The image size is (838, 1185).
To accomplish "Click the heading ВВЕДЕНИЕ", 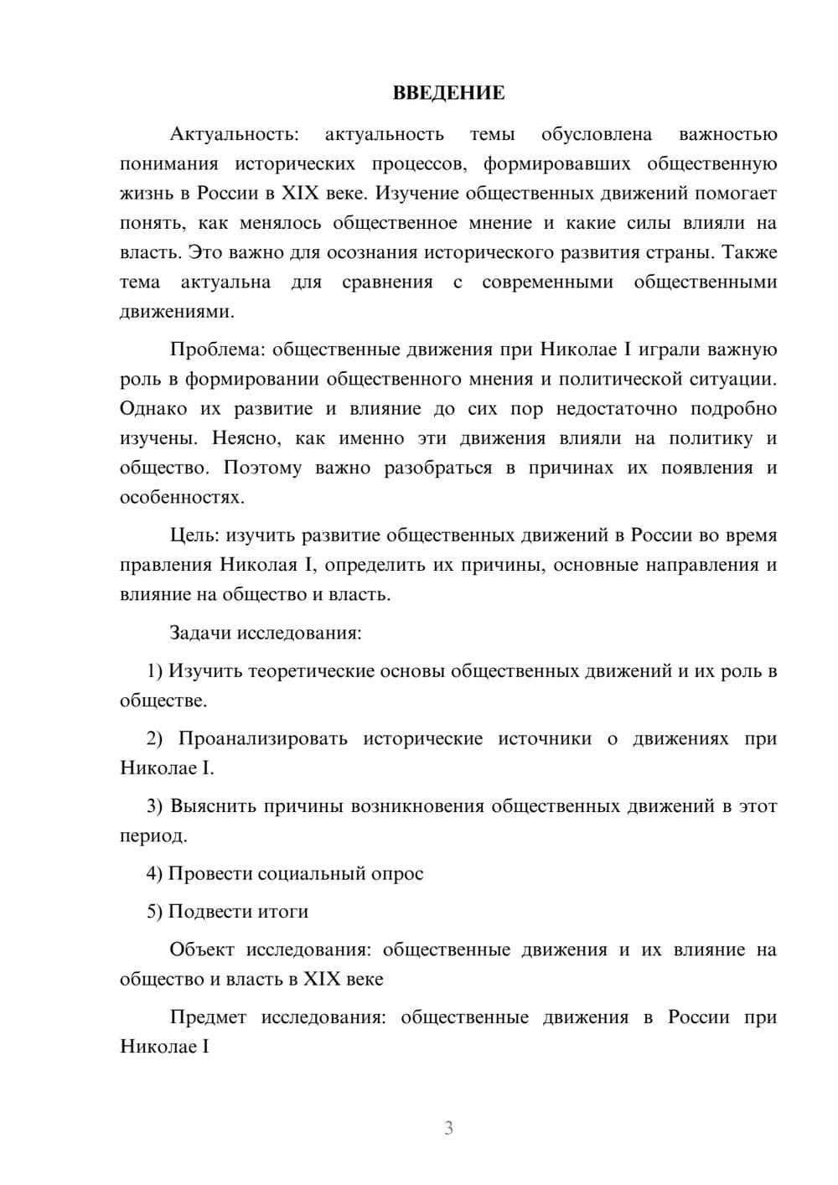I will point(448,93).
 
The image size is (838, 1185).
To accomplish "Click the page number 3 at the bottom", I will point(448,1128).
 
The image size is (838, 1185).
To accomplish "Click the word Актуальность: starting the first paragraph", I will point(234,134).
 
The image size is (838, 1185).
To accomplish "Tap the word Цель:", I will point(194,535).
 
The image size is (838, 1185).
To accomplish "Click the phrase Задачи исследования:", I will point(266,632).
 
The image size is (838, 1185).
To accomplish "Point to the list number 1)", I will point(154,670).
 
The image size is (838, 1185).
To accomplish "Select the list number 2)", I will point(154,738).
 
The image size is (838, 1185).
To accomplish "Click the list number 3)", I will point(154,806).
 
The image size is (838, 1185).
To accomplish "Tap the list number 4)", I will point(154,873).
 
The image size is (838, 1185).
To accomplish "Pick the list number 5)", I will point(154,911).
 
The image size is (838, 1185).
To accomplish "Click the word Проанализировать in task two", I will point(262,738).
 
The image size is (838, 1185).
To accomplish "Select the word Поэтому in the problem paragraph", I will point(261,468).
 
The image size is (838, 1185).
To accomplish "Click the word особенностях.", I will point(182,497).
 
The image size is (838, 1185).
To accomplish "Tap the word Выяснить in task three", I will point(212,806).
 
